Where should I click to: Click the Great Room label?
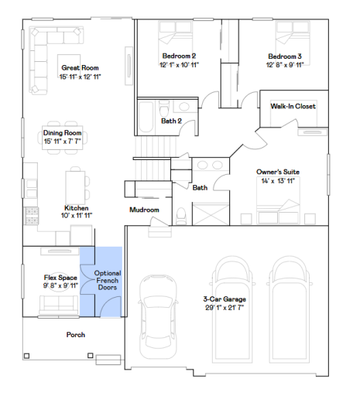81,68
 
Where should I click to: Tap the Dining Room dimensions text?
63,141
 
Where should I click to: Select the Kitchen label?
76,208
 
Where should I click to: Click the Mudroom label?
144,210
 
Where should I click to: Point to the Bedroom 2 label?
179,55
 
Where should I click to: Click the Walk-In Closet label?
293,107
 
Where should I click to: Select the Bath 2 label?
172,121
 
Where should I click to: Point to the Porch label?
75,335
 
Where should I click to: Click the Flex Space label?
60,276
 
